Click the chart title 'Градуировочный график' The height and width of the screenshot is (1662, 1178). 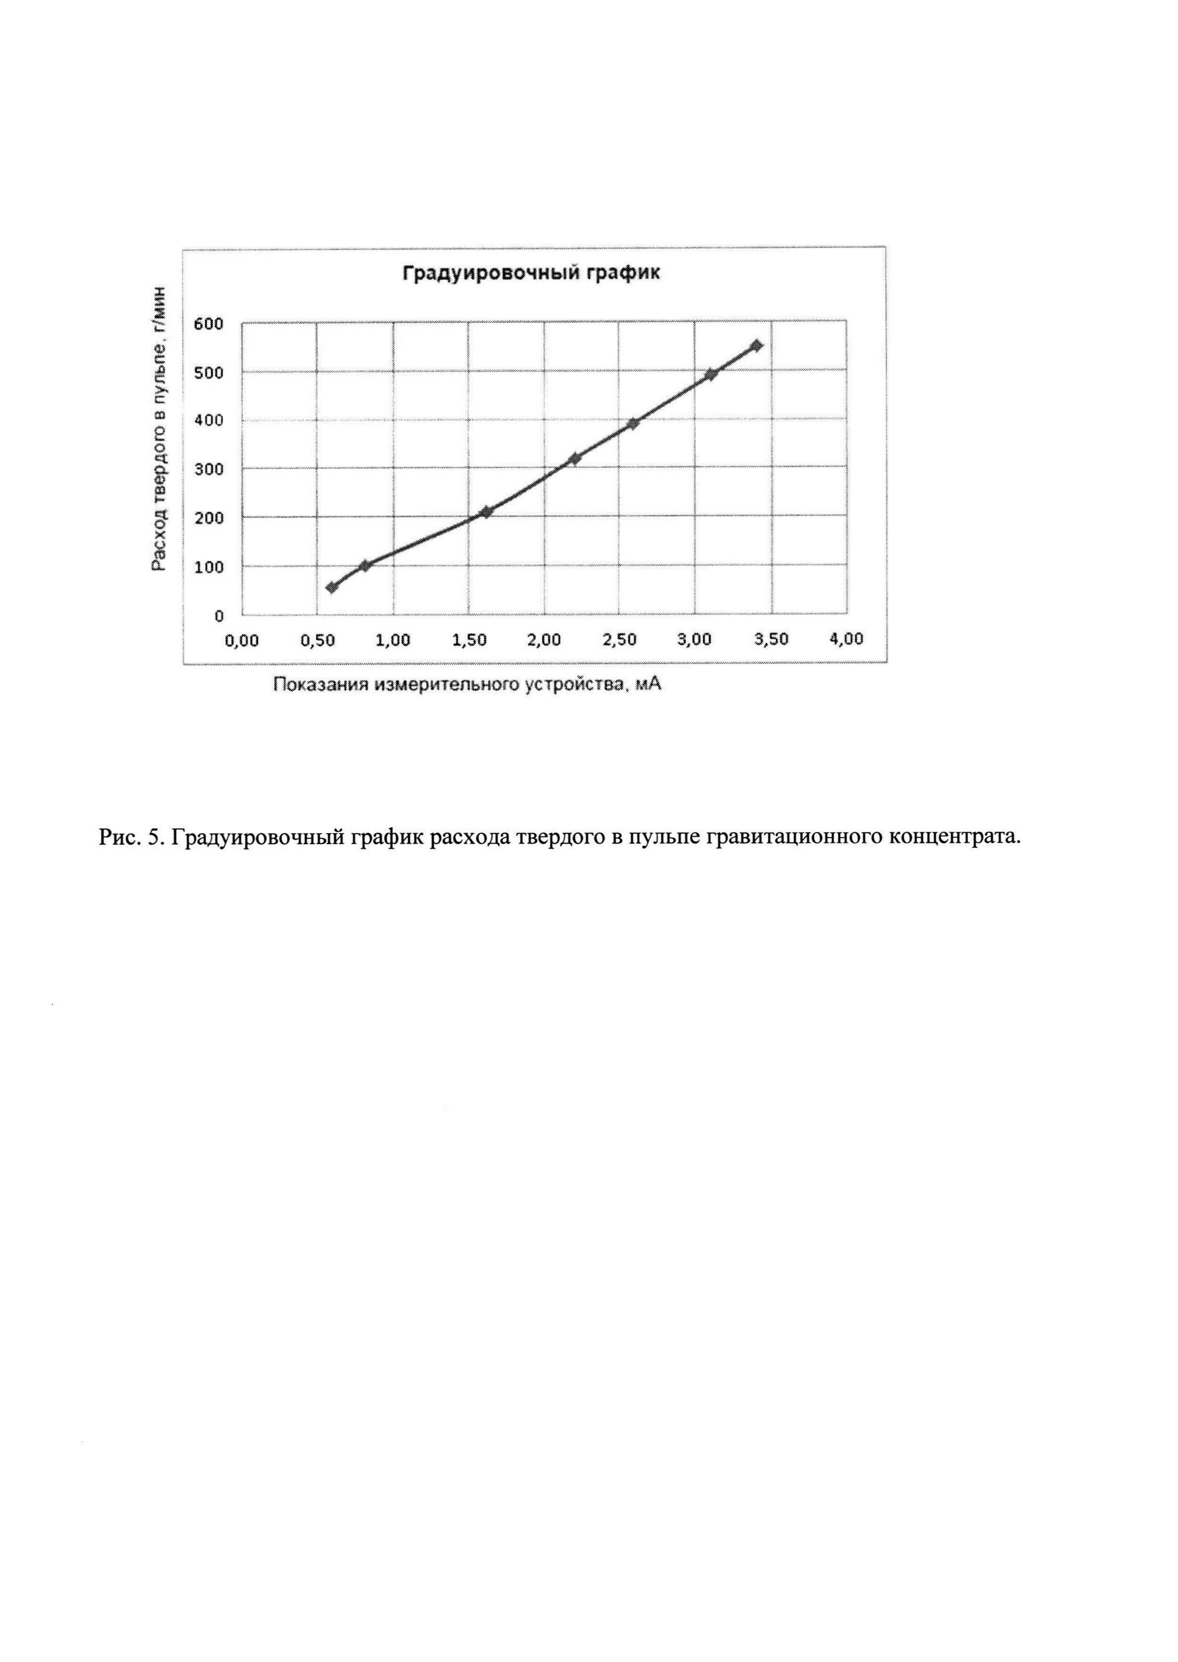[532, 273]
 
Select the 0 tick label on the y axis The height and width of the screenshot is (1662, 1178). [218, 617]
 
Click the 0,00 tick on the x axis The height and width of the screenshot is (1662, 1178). [242, 640]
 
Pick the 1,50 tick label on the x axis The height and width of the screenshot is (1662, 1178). [469, 640]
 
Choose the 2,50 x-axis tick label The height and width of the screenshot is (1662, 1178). [620, 640]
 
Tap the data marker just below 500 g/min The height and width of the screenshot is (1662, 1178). [711, 374]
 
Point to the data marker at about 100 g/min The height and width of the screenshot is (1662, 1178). [365, 566]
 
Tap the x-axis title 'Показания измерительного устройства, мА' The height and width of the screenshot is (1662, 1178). [467, 685]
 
